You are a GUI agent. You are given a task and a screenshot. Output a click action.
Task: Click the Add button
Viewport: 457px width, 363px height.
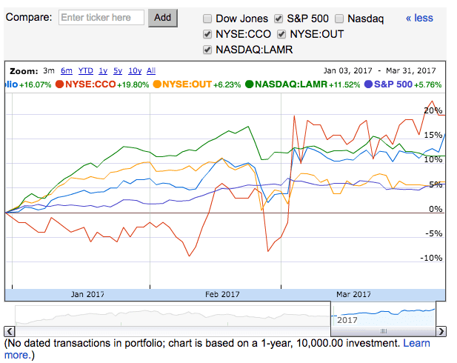point(163,18)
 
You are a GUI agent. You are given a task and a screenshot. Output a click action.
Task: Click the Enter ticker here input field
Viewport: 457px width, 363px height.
point(101,18)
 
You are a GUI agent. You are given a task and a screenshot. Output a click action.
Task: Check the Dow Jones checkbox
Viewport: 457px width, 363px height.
point(207,19)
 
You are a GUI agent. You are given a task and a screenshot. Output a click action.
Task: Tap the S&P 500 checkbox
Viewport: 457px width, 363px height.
point(278,19)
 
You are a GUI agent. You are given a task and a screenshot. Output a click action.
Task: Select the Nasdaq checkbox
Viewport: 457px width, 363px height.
point(339,19)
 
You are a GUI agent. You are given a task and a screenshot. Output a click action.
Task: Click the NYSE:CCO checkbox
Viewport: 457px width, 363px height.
point(207,34)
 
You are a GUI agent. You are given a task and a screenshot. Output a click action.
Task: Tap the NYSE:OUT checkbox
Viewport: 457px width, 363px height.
point(281,34)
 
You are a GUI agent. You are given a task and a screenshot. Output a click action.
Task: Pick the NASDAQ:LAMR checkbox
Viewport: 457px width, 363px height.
point(207,50)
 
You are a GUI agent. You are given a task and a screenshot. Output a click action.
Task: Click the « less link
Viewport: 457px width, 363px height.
point(419,18)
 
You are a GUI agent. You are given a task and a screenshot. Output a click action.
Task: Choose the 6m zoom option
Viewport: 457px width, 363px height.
point(67,71)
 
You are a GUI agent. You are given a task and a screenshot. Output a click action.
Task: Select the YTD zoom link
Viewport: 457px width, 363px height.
point(85,71)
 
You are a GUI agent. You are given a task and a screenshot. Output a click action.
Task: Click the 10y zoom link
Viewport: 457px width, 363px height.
point(135,71)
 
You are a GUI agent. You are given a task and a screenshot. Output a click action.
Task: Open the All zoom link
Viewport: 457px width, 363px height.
point(151,71)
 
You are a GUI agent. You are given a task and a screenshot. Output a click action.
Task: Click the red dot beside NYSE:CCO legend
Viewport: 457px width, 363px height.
point(59,84)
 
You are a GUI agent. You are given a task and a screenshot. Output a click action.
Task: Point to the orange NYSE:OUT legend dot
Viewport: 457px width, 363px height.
point(157,84)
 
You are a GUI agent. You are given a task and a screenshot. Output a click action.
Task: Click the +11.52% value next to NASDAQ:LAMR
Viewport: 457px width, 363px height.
point(344,85)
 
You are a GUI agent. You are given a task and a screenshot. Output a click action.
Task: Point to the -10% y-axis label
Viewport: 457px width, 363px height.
point(431,258)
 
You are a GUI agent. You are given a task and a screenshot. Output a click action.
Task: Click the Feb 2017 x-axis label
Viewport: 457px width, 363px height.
point(222,294)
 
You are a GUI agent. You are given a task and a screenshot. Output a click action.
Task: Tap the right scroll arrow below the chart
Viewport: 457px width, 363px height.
point(441,331)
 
